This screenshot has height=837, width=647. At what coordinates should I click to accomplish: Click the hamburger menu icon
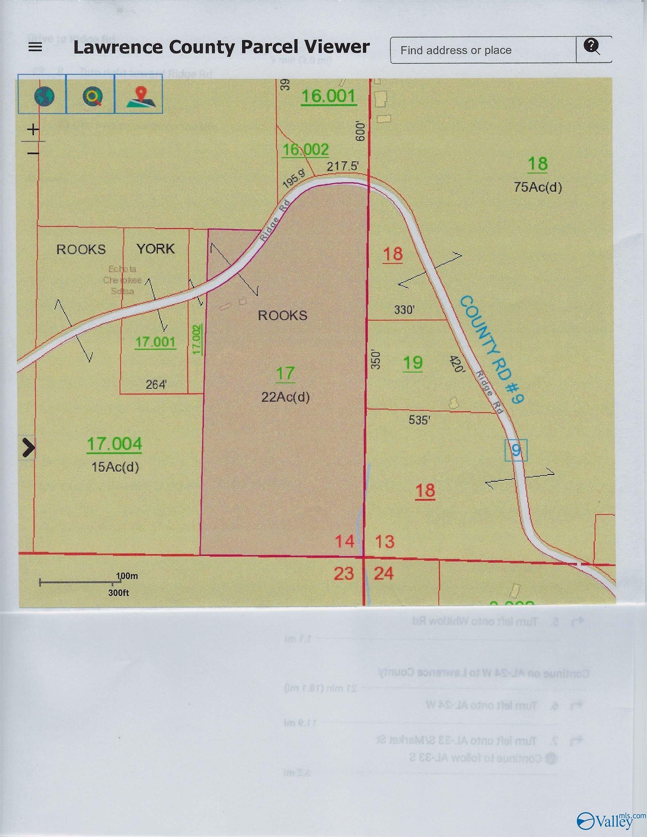pos(35,48)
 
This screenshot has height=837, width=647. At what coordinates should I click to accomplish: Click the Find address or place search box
pos(482,50)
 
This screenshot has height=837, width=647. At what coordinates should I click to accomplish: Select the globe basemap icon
pos(44,96)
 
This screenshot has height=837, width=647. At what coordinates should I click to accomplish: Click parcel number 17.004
pos(114,444)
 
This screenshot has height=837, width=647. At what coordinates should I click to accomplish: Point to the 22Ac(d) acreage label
pos(285,397)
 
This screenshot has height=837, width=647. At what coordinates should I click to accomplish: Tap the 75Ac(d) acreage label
pos(538,187)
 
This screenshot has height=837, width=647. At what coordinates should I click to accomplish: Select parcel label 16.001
pos(329,96)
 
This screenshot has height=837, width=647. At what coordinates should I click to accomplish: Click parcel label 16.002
pos(306,149)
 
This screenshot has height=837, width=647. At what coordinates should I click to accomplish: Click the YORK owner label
pos(156,249)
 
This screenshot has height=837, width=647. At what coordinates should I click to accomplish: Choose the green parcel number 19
pos(413,363)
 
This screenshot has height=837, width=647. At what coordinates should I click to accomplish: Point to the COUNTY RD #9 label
pos(491,350)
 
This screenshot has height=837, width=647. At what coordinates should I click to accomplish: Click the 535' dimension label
pos(418,420)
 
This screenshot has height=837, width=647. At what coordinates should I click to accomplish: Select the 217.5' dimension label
pos(342,166)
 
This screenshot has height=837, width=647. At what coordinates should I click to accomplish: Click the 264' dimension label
pos(156,384)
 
